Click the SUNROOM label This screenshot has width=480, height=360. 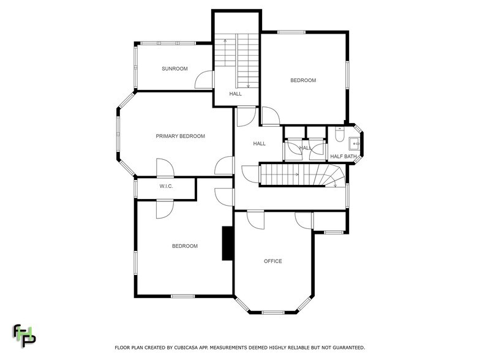coord(174,69)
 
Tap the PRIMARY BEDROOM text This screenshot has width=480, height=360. coord(180,136)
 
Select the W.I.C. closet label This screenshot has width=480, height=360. coord(166,186)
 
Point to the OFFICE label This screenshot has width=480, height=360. coord(272,261)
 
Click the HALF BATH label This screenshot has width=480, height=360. coord(343,157)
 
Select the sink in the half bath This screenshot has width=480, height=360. coord(354,144)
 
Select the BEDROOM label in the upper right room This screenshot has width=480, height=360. coord(303,80)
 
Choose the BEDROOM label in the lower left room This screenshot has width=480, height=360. coord(184,246)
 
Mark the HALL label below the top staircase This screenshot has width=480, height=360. coord(236,94)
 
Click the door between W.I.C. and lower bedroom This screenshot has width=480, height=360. coord(164,208)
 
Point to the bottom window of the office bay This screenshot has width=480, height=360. coord(272,312)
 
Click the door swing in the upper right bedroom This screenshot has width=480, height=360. coord(270,116)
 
